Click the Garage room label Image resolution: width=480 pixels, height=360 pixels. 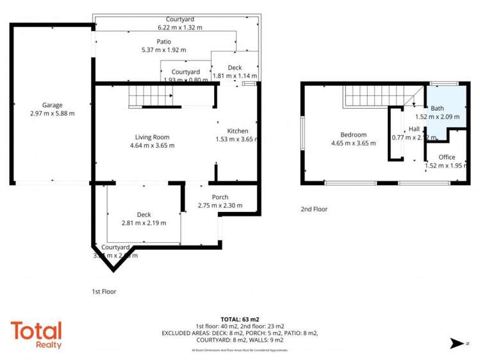[52, 104]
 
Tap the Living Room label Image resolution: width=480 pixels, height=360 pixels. [152, 136]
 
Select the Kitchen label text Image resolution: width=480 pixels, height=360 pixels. [232, 131]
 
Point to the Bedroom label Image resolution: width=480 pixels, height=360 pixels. [353, 135]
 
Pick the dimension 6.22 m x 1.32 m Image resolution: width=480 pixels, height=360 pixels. [180, 28]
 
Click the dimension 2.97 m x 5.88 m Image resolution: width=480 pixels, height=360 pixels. [52, 113]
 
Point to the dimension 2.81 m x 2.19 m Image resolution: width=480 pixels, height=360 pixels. [144, 223]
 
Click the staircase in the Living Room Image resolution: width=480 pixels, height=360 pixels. [151, 97]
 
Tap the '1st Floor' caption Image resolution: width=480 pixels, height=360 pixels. [104, 291]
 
